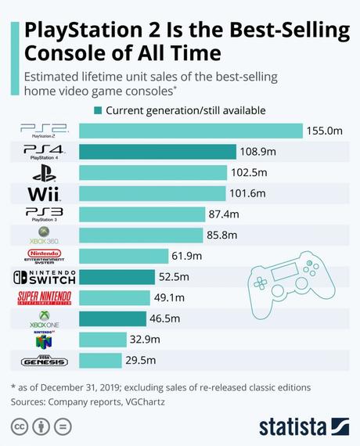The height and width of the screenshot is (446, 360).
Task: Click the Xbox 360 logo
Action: coord(43,235)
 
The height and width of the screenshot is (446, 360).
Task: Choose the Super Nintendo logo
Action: coord(43,298)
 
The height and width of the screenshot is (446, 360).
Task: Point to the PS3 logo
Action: coord(43,214)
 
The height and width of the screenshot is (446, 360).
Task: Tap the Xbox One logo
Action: coord(43,318)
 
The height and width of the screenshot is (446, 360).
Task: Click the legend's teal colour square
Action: coord(97,110)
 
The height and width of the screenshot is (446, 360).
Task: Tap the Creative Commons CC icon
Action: coord(19,426)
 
